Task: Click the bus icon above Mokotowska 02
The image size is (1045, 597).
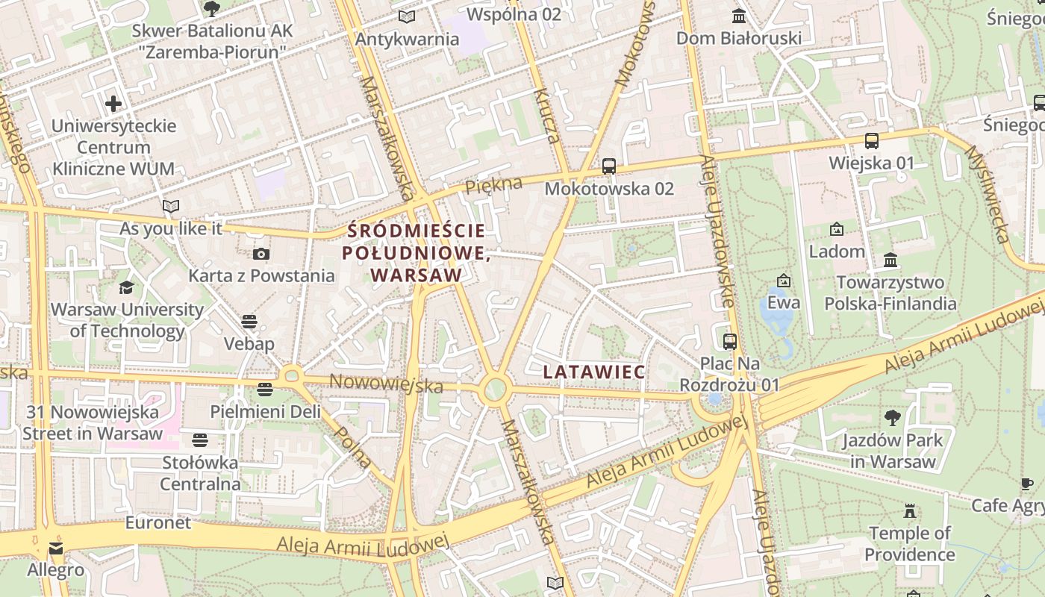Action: click(x=609, y=166)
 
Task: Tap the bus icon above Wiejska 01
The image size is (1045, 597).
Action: click(x=871, y=140)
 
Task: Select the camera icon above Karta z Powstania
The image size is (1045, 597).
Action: click(x=261, y=254)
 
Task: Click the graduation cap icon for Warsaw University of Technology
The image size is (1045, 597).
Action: click(x=127, y=287)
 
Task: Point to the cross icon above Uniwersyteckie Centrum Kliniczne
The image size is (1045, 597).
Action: click(x=113, y=104)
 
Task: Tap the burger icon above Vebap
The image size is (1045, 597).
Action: click(x=249, y=322)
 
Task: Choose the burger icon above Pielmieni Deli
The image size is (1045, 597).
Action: click(x=265, y=390)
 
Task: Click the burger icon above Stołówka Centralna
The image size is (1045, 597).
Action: click(x=200, y=440)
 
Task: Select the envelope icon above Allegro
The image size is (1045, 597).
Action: click(x=56, y=548)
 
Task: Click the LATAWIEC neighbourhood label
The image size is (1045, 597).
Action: click(x=594, y=371)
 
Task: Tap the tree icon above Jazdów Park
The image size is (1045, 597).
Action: click(x=892, y=418)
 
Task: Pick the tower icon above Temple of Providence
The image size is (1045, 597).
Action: click(x=909, y=511)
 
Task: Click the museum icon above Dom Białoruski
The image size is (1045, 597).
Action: click(x=739, y=16)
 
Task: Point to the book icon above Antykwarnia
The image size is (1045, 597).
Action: click(x=406, y=16)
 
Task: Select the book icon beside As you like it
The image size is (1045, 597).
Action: click(x=171, y=206)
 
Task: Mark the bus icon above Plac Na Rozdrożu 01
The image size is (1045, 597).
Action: click(x=730, y=342)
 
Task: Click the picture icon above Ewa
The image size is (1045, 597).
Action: click(x=784, y=281)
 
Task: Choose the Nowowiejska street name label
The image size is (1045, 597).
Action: click(x=386, y=383)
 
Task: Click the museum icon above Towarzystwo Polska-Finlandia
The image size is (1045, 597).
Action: click(x=890, y=260)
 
